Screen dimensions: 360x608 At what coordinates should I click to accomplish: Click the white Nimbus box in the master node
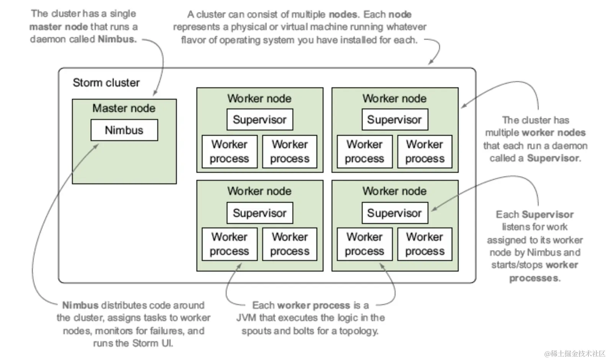pyautogui.click(x=124, y=130)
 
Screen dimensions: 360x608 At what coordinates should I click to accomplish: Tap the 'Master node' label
pyautogui.click(x=124, y=108)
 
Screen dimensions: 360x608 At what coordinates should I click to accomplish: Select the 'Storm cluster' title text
pyautogui.click(x=106, y=83)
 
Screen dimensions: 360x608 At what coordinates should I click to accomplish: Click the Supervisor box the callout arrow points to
pyautogui.click(x=395, y=213)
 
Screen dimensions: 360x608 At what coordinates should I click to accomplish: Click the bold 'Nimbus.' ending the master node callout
pyautogui.click(x=117, y=39)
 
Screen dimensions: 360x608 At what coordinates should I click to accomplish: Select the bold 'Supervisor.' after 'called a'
pyautogui.click(x=554, y=158)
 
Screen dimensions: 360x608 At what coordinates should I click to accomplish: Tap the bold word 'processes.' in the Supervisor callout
pyautogui.click(x=534, y=278)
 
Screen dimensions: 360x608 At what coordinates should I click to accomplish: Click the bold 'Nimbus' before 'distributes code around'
pyautogui.click(x=80, y=305)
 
